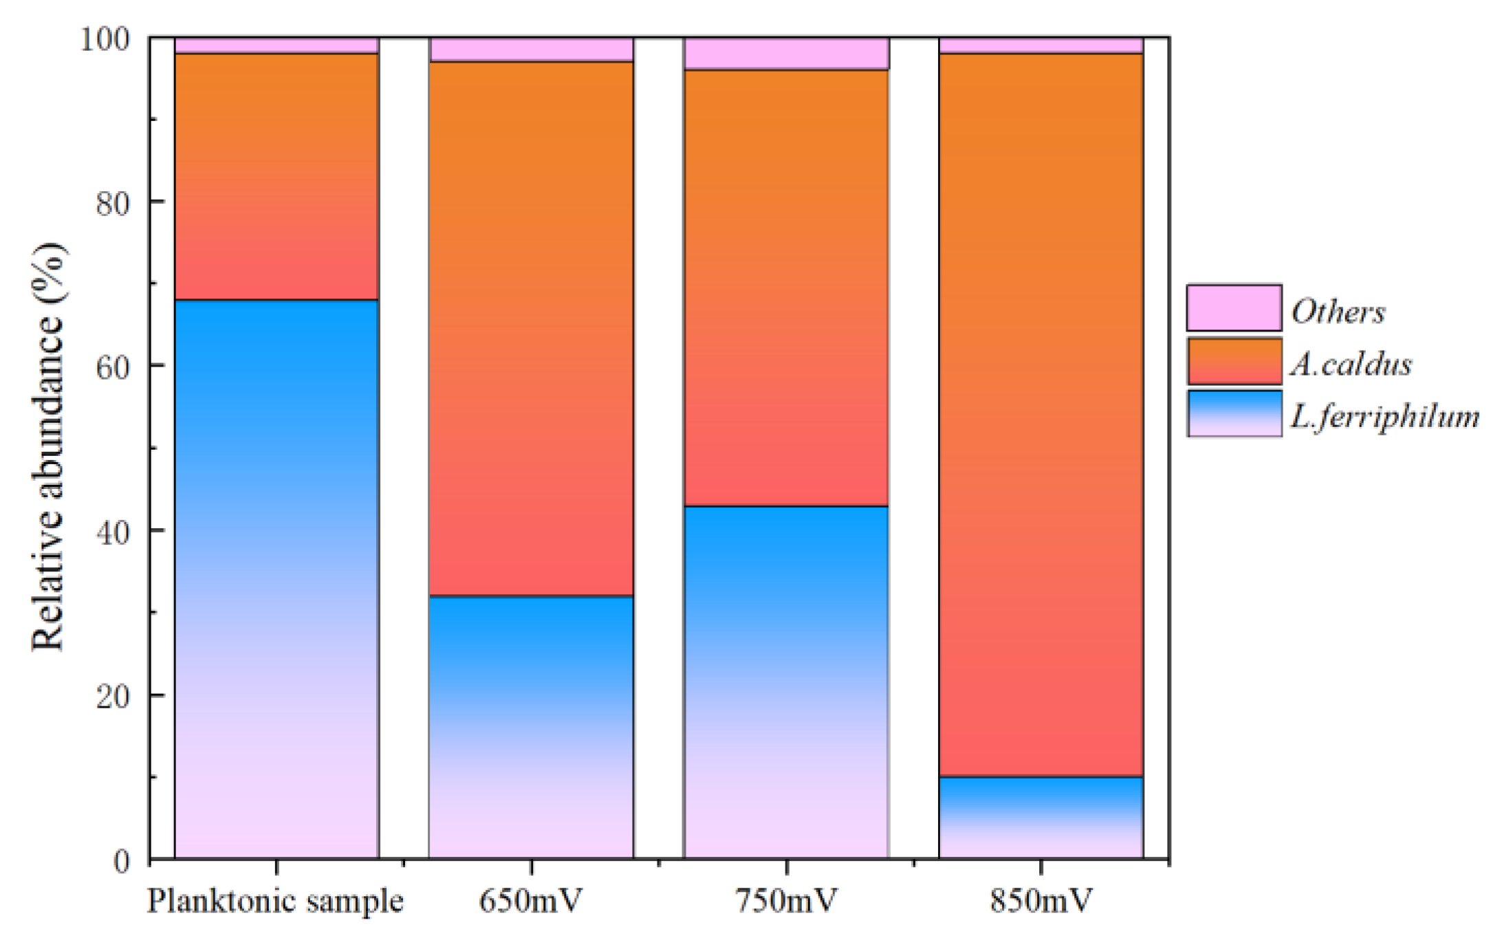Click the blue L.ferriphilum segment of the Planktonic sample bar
[276, 578]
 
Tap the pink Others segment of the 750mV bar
[786, 54]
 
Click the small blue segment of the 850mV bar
[1041, 817]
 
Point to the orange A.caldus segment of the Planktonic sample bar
[276, 176]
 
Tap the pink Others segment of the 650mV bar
[531, 50]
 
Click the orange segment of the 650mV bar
[531, 329]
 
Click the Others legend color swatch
[1234, 307]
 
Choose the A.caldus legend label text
[1351, 364]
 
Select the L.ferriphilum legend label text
[1384, 417]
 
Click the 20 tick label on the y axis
[113, 697]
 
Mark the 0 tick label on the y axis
[122, 861]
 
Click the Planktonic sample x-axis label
[275, 901]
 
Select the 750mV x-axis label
[786, 901]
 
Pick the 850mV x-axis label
[1041, 901]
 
